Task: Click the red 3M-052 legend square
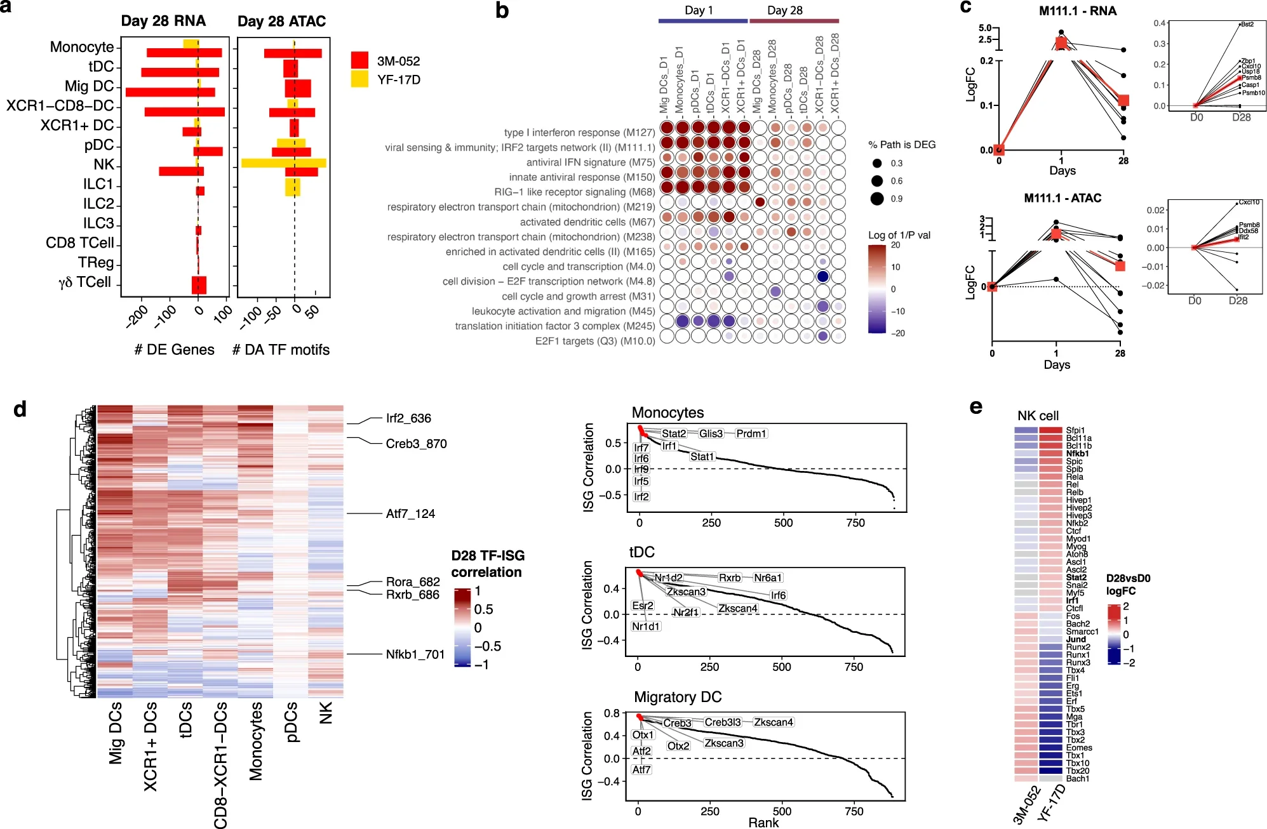tap(359, 60)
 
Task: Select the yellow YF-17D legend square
tap(359, 79)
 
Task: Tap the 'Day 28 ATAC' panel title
tap(281, 22)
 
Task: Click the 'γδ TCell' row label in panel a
tap(84, 282)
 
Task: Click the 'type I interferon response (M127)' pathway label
tap(579, 133)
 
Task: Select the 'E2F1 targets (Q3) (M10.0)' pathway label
tap(594, 341)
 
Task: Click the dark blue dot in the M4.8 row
tap(822, 277)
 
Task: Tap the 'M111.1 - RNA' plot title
tap(1078, 11)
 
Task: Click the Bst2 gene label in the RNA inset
tap(1247, 24)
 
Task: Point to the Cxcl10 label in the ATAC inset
tap(1249, 202)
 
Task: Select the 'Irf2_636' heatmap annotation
tap(408, 418)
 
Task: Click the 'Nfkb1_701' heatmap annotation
tap(415, 654)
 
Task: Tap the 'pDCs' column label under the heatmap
tap(292, 722)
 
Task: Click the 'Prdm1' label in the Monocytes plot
tap(751, 434)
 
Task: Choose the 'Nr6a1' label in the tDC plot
tap(768, 578)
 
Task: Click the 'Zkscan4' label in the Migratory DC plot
tap(774, 722)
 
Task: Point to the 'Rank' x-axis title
tap(763, 823)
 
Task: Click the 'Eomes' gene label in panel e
tap(1079, 748)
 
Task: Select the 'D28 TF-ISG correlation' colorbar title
tap(487, 564)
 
